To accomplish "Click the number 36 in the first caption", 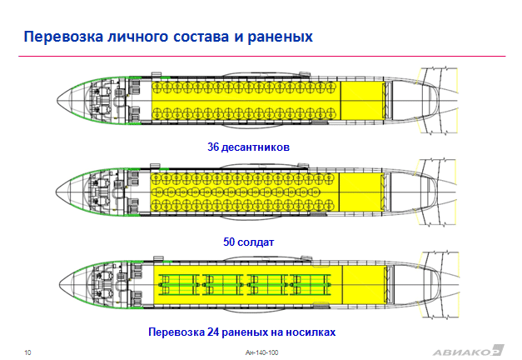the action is [x=213, y=147].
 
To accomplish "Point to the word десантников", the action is [x=256, y=147].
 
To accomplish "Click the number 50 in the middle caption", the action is [x=229, y=242].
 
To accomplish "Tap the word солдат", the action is [x=256, y=242].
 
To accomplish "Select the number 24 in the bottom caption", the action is [x=213, y=332].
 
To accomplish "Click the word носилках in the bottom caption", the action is [x=311, y=332].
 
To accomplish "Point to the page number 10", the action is [x=27, y=352].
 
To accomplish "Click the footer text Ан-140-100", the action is [x=261, y=352].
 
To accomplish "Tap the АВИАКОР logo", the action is [x=469, y=351].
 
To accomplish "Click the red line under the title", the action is [x=262, y=56].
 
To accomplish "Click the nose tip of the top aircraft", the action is [x=57, y=100].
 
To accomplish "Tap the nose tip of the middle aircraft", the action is [x=56, y=192].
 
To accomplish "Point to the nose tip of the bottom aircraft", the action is [x=59, y=285].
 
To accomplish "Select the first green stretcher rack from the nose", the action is [x=179, y=285].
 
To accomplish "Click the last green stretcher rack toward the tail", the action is [x=311, y=285].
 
